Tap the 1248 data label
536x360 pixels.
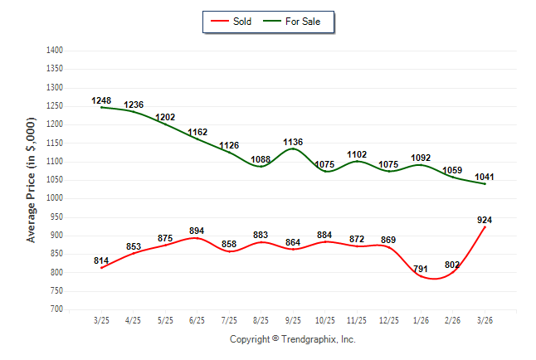coord(101,101)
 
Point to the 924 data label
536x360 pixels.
coord(486,220)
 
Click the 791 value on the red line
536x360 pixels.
coord(421,269)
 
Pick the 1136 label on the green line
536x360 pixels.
coord(294,143)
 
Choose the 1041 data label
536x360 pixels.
coord(485,178)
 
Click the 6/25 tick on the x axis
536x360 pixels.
coord(197,320)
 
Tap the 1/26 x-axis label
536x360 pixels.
coord(421,320)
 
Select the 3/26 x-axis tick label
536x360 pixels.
coord(485,320)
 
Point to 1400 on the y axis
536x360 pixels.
coord(55,51)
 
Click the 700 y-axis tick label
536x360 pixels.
coord(57,309)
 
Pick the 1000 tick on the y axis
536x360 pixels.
coord(55,198)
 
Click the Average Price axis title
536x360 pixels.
coord(32,180)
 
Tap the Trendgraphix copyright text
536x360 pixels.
coord(292,339)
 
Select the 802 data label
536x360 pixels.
coord(453,265)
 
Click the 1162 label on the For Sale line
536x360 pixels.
coord(197,132)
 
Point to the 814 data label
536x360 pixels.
coord(101,261)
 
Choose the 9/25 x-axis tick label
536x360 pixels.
coord(293,320)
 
